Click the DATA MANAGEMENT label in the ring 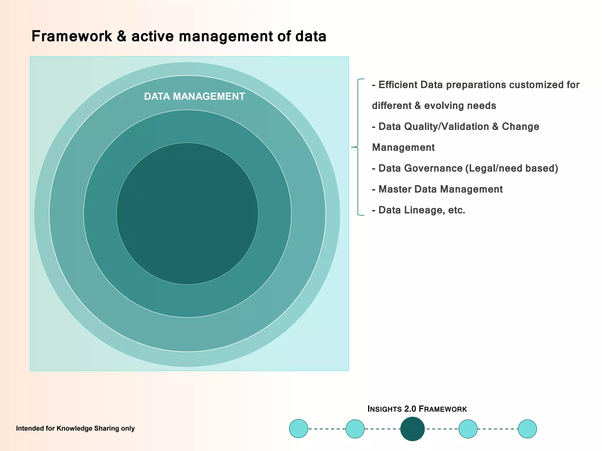click(x=194, y=96)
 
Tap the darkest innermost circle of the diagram click(x=187, y=213)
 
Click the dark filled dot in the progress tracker click(x=412, y=429)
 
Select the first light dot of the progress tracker click(x=298, y=429)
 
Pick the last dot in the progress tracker click(x=527, y=429)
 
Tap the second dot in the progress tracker click(x=355, y=429)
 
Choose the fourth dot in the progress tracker click(x=468, y=429)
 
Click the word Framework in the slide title click(x=72, y=36)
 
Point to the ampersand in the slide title click(x=121, y=36)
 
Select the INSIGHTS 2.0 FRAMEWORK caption click(x=417, y=409)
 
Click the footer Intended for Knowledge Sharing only click(x=75, y=428)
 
